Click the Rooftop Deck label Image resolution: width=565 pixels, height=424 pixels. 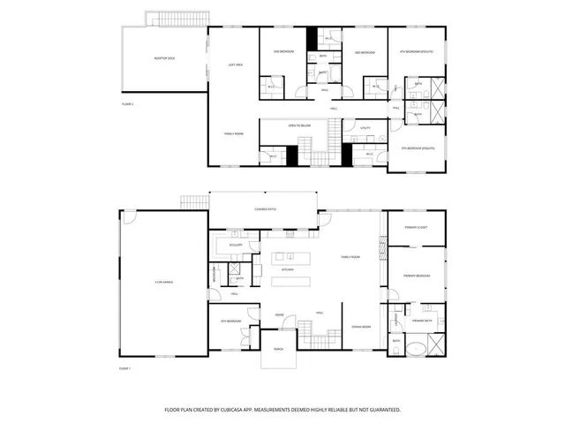164,58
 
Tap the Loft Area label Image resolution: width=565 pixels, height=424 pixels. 236,64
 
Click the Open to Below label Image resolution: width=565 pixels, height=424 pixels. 298,126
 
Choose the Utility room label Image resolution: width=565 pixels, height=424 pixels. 365,128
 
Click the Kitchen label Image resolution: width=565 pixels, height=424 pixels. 287,269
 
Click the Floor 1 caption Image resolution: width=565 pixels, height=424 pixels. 125,368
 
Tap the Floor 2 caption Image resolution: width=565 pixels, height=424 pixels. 127,103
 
